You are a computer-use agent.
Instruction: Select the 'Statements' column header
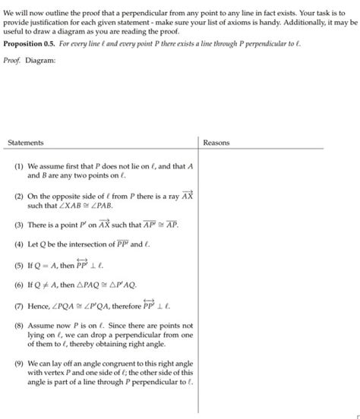click(25, 143)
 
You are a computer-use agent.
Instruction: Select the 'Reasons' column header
click(216, 143)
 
